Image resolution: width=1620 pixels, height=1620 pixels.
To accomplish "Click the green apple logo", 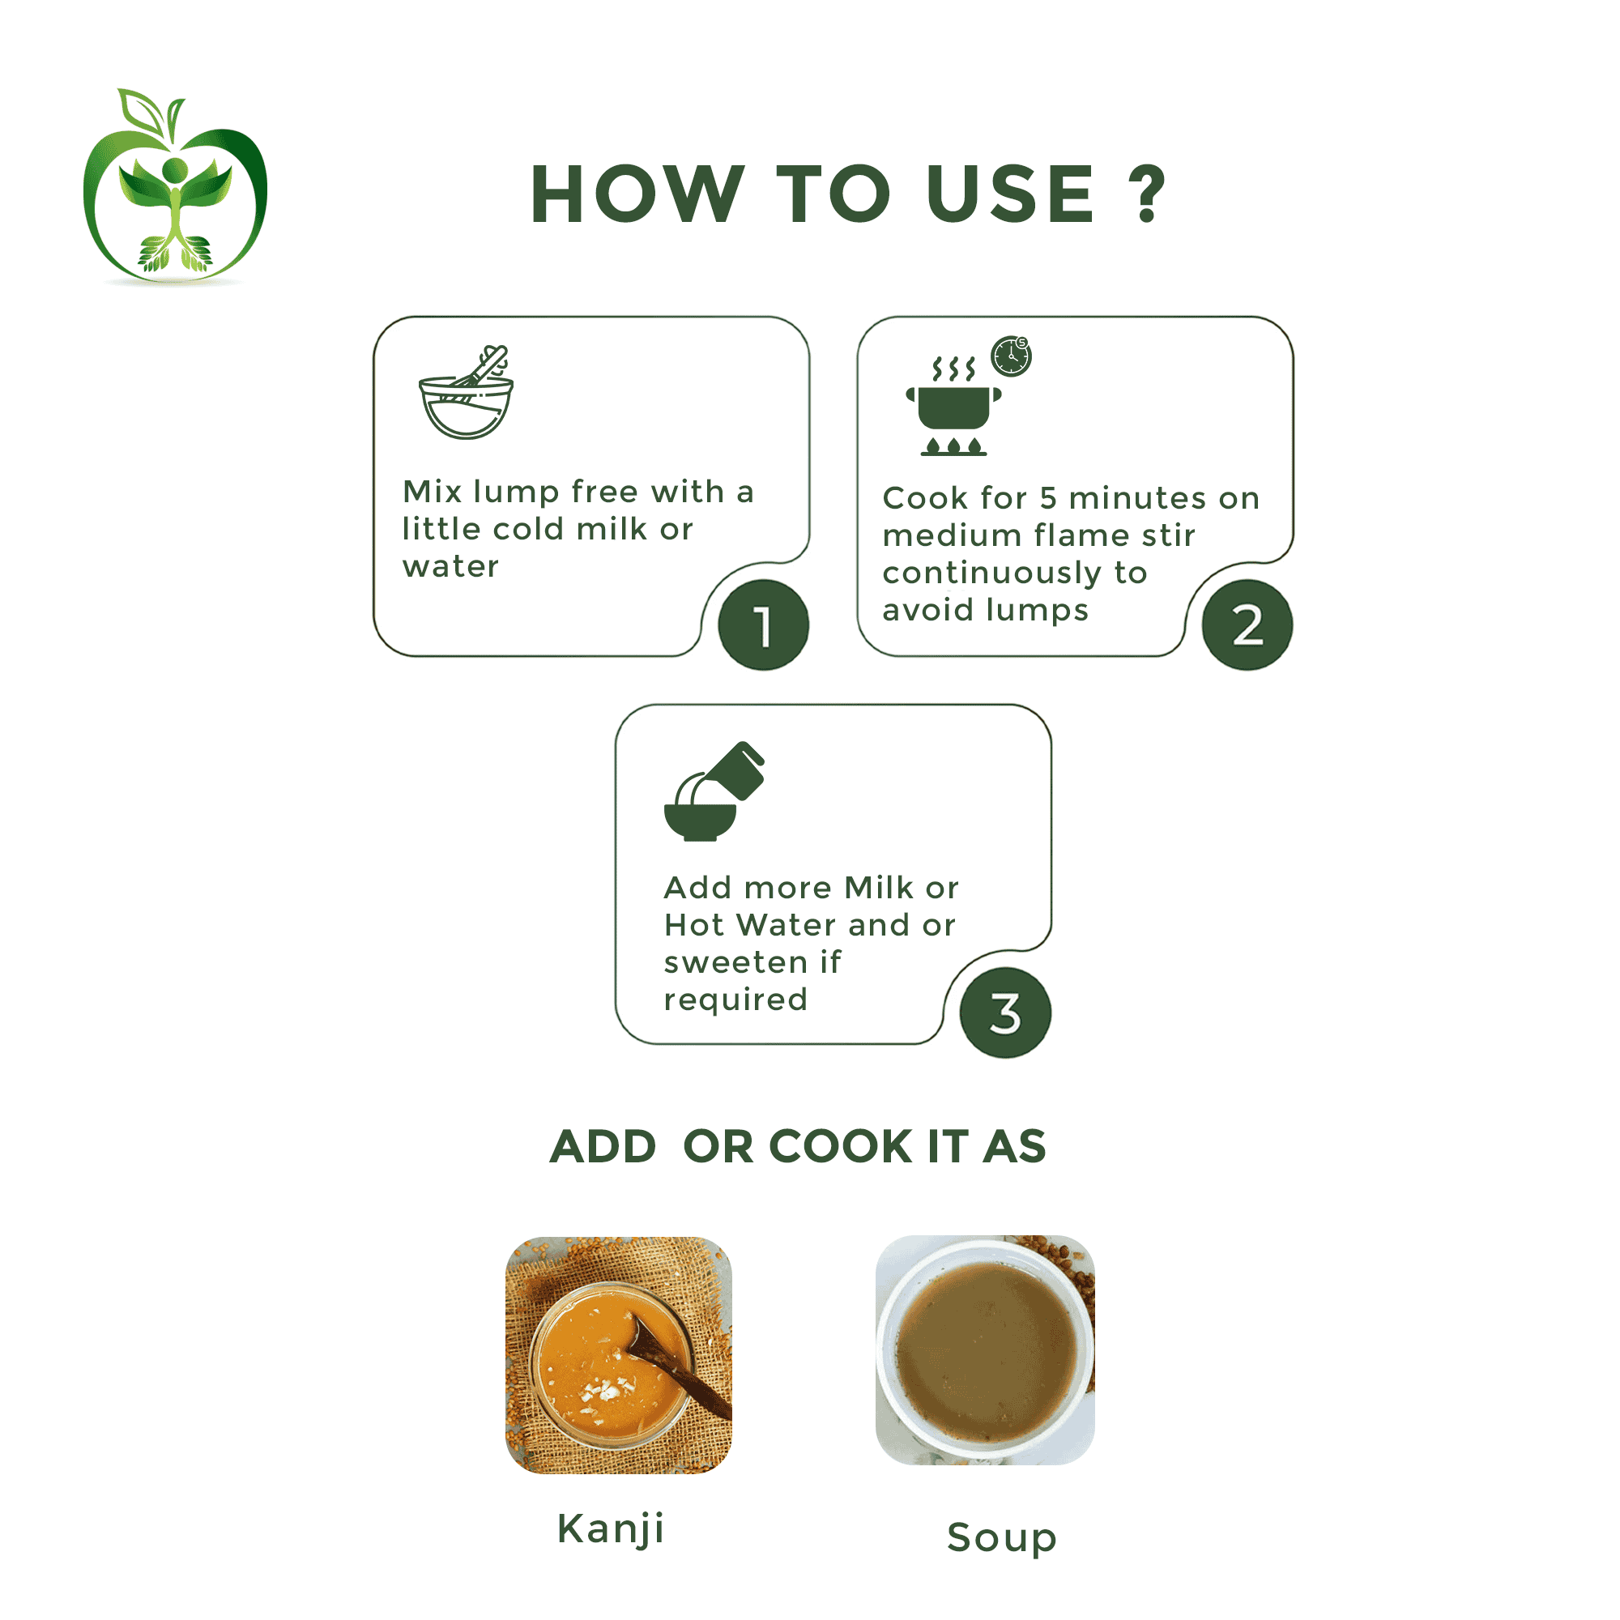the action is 175,186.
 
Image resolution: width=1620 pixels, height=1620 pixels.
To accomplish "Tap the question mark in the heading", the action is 1146,194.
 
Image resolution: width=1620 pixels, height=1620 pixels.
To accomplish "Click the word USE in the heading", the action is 1010,194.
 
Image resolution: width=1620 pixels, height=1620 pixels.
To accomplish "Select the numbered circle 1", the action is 763,625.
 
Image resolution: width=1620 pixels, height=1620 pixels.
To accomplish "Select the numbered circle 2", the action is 1247,625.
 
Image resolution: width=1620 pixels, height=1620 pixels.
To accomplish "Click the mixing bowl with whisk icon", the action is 467,391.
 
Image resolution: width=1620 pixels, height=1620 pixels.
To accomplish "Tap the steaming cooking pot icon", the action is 953,407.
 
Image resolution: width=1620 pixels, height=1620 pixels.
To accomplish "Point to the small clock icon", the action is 1011,356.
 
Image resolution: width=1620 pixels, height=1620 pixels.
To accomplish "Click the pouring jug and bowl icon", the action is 714,791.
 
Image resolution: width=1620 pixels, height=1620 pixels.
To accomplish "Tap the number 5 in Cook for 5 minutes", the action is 1048,498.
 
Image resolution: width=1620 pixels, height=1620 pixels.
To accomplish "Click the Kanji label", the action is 611,1528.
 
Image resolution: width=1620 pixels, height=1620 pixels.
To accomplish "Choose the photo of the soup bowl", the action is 985,1350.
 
